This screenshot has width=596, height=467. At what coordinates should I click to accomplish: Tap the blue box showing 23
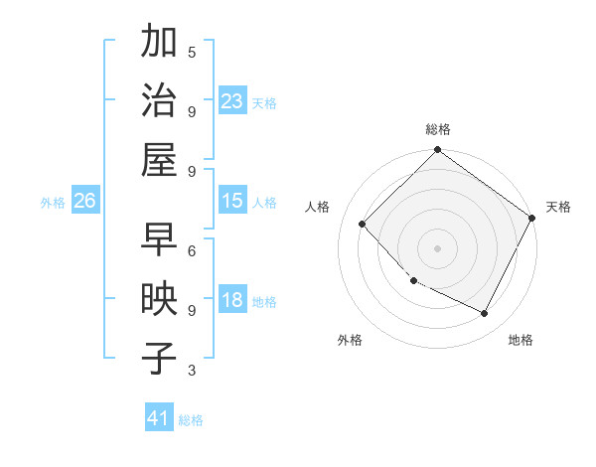pos(231,100)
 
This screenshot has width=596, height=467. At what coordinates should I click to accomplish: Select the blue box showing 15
pos(231,201)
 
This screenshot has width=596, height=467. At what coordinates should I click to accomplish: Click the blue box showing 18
pos(231,301)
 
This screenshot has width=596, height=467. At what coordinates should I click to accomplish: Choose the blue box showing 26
pos(84,202)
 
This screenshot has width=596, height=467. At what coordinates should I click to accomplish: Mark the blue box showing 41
pos(159,418)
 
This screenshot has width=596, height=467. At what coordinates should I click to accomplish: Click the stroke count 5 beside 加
pos(192,52)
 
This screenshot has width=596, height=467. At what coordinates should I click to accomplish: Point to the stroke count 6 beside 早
pos(192,250)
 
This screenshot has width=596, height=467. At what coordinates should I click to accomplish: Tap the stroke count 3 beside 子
pos(192,371)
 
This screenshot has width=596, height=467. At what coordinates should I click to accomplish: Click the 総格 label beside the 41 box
pos(191,420)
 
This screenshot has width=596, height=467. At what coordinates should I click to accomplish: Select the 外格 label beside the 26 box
pos(53,203)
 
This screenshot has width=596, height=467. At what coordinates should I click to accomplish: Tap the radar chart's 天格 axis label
pos(558,207)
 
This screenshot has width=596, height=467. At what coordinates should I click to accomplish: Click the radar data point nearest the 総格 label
pos(437,151)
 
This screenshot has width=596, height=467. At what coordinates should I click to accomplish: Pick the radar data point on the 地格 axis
pos(485,314)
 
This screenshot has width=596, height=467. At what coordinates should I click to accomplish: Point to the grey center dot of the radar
pos(437,247)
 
